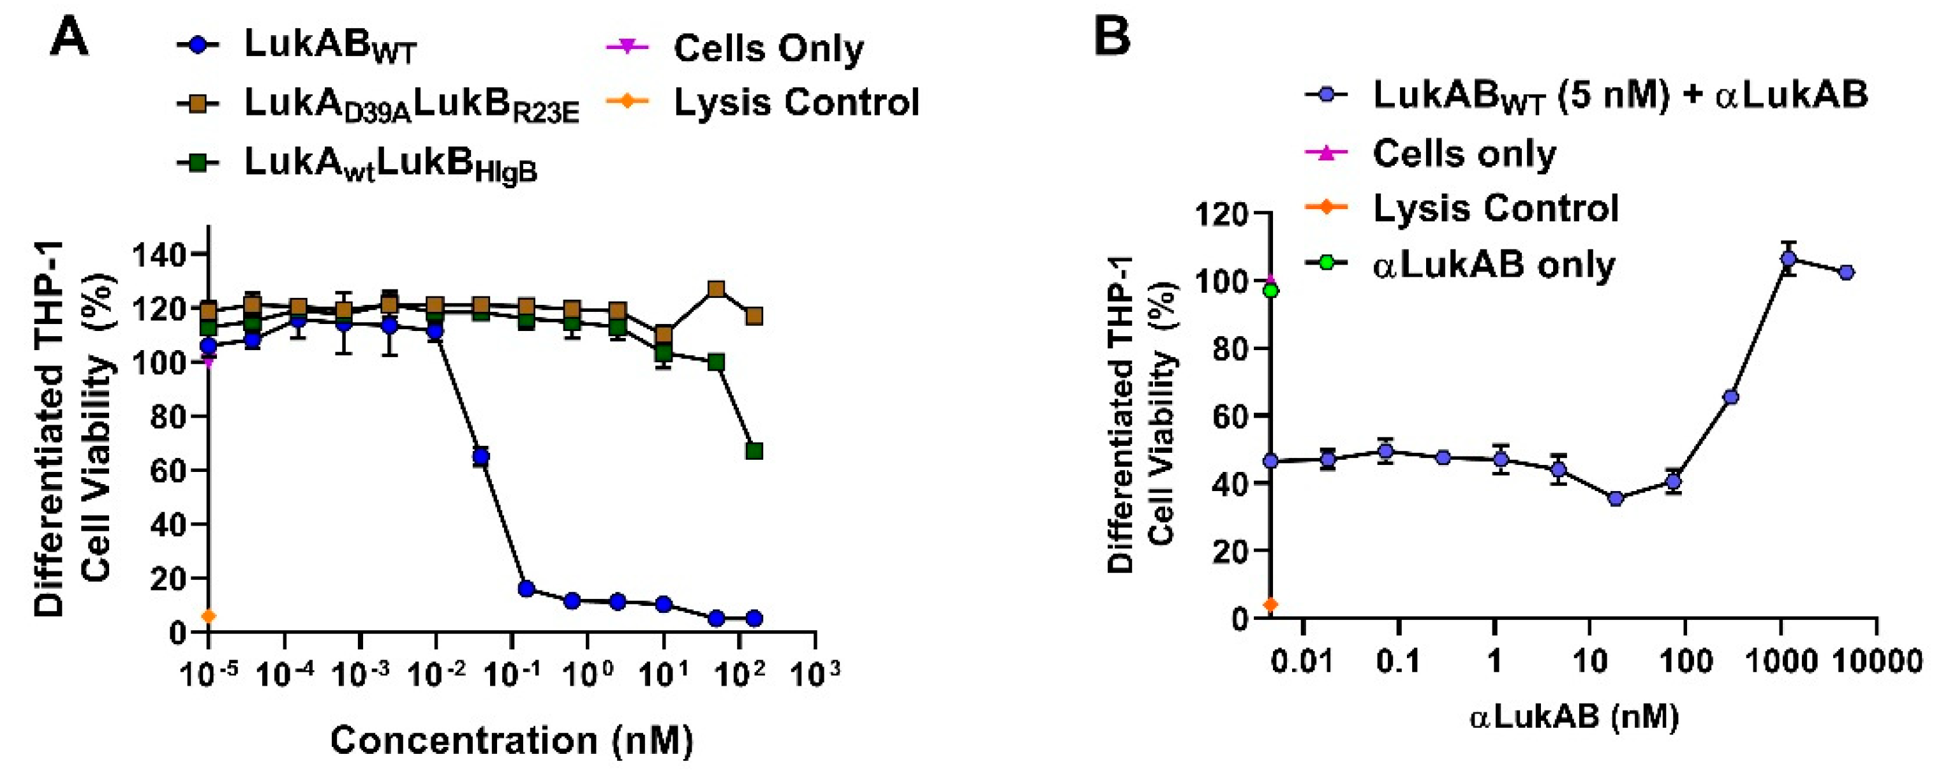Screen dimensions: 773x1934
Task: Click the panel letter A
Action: pyautogui.click(x=69, y=37)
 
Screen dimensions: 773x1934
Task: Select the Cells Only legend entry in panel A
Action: pyautogui.click(x=768, y=48)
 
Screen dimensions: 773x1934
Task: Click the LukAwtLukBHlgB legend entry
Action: pyautogui.click(x=391, y=163)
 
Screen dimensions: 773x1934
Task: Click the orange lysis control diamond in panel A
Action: pyautogui.click(x=208, y=616)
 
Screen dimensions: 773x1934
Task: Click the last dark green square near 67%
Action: pyautogui.click(x=755, y=451)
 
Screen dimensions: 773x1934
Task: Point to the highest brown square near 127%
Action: pyautogui.click(x=717, y=290)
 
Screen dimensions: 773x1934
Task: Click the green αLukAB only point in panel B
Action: pyautogui.click(x=1270, y=290)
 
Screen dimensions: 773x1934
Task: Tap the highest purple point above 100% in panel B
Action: pyautogui.click(x=1789, y=259)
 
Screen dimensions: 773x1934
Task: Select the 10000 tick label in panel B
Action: pyautogui.click(x=1877, y=662)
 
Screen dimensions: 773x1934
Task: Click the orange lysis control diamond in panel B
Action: pyautogui.click(x=1270, y=605)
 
